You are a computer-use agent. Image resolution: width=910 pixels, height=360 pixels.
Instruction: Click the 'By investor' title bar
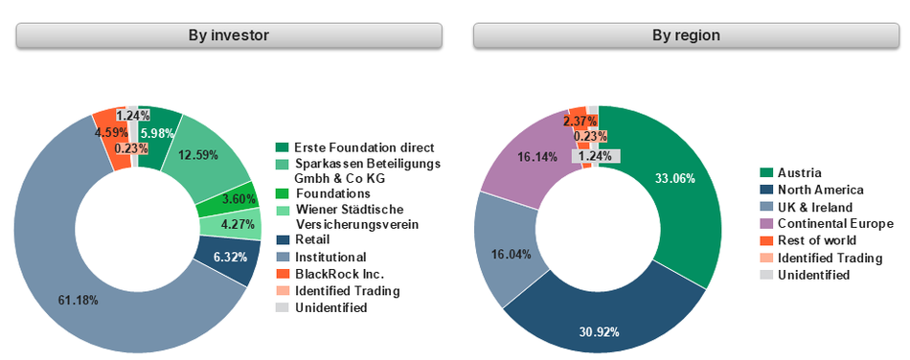pos(229,35)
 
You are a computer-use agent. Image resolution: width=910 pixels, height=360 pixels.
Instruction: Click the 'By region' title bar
pos(686,35)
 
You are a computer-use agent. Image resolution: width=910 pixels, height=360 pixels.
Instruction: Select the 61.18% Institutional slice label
pos(79,301)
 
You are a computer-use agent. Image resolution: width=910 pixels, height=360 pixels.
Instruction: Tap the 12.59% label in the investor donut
pos(199,154)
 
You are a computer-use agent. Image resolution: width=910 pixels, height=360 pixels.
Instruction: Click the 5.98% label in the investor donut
pos(157,133)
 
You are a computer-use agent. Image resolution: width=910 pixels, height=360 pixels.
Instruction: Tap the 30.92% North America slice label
pos(599,332)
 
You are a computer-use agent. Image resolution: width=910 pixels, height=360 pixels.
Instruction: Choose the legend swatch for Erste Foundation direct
pos(282,147)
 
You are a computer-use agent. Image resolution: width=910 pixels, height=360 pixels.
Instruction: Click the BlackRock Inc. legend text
pos(332,275)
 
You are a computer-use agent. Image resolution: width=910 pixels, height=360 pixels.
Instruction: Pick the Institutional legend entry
pos(330,257)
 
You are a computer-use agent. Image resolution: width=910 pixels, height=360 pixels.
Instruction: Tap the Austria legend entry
pos(798,172)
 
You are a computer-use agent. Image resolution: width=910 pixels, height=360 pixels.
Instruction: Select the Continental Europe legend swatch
pos(766,224)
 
